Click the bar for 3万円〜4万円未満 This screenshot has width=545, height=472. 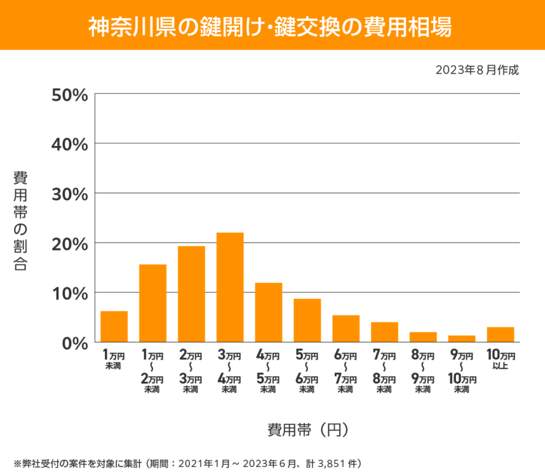click(230, 287)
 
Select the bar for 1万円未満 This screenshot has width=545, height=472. click(114, 327)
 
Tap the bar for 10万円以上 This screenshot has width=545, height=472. click(501, 334)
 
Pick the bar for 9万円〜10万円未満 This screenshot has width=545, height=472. click(462, 339)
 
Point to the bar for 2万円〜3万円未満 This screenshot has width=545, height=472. click(191, 294)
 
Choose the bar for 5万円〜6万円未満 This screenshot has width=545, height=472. click(307, 320)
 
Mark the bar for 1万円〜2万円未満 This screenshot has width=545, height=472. click(152, 303)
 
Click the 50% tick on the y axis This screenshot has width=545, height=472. click(69, 95)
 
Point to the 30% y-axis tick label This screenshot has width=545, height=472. click(69, 193)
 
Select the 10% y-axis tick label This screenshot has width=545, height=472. click(69, 293)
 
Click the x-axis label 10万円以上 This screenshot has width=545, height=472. click(501, 360)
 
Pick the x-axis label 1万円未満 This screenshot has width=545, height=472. click(114, 360)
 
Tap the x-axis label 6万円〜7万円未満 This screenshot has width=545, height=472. click(346, 372)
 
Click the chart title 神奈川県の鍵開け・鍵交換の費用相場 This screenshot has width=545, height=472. click(272, 25)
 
